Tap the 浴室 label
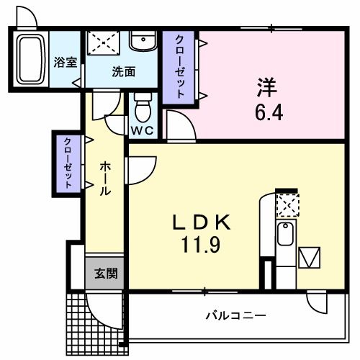(66, 62)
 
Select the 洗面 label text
(123, 71)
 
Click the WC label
(143, 132)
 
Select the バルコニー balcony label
(237, 315)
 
